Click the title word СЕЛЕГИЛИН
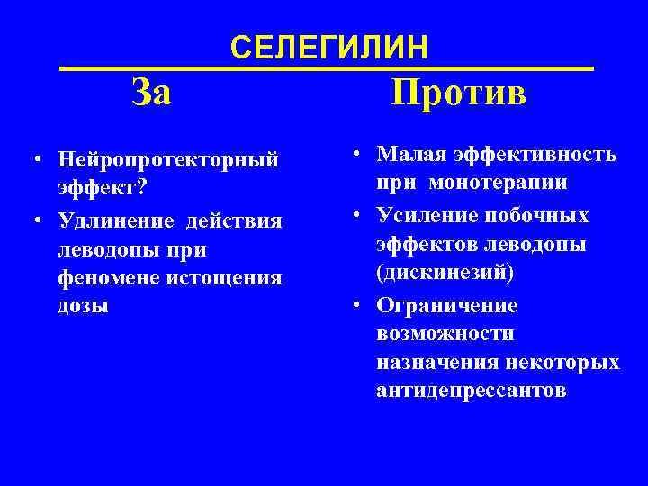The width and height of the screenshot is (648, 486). (330, 47)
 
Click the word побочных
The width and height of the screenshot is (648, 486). (544, 216)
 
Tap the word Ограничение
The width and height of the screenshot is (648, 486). (447, 304)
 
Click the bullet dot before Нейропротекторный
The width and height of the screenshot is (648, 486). (31, 162)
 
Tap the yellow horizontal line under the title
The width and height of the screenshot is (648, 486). (327, 68)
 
